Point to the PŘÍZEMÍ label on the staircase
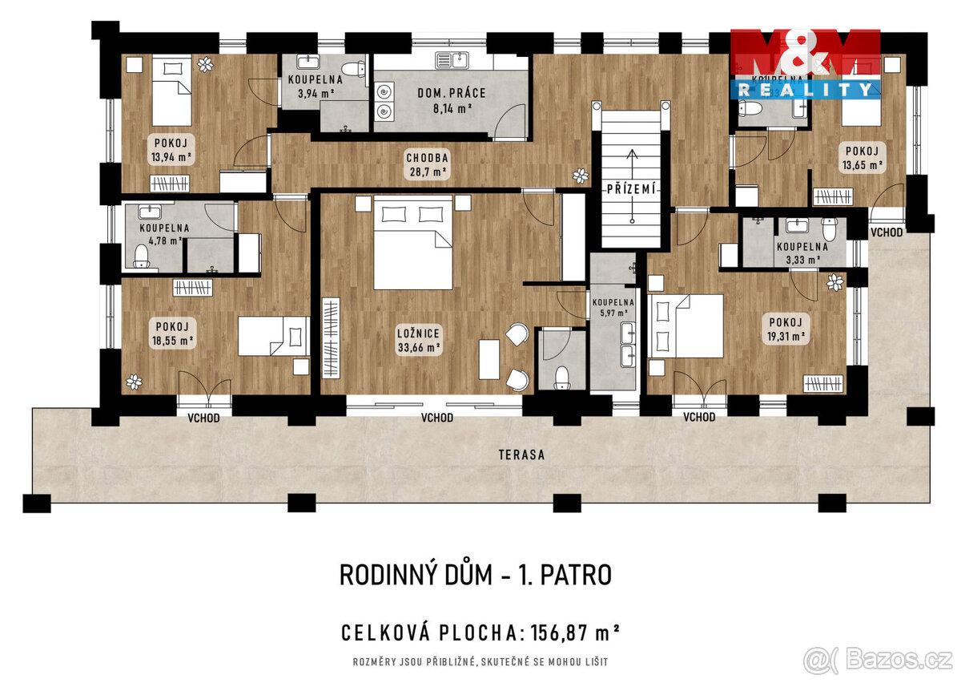pyautogui.click(x=631, y=189)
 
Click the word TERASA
pyautogui.click(x=521, y=455)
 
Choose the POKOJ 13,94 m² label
pyautogui.click(x=171, y=150)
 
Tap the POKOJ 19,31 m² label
pyautogui.click(x=786, y=329)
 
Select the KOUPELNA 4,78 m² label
pyautogui.click(x=164, y=233)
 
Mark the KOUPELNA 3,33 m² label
pyautogui.click(x=802, y=253)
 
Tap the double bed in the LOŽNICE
pyautogui.click(x=412, y=243)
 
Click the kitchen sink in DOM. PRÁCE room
pyautogui.click(x=453, y=59)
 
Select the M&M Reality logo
pyautogui.click(x=805, y=64)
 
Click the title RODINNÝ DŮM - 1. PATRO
pyautogui.click(x=476, y=575)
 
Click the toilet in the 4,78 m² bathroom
pyautogui.click(x=143, y=256)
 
